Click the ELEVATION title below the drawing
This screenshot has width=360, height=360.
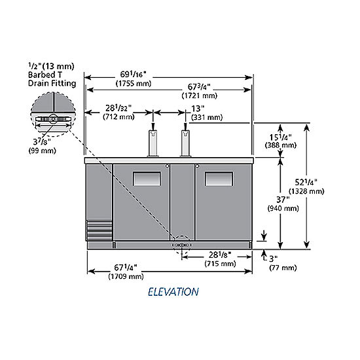(x=173, y=292)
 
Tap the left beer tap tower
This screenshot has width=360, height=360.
(x=153, y=143)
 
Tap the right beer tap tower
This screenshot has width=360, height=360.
(x=185, y=143)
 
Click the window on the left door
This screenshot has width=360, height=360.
(x=147, y=179)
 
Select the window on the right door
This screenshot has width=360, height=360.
(x=219, y=179)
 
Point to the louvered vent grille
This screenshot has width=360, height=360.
(x=99, y=230)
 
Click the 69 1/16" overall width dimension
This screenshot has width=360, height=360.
(x=133, y=75)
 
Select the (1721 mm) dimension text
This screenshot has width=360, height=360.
(x=199, y=96)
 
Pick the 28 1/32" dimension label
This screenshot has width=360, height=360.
(x=118, y=108)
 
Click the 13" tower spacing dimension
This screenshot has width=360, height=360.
(x=198, y=109)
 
